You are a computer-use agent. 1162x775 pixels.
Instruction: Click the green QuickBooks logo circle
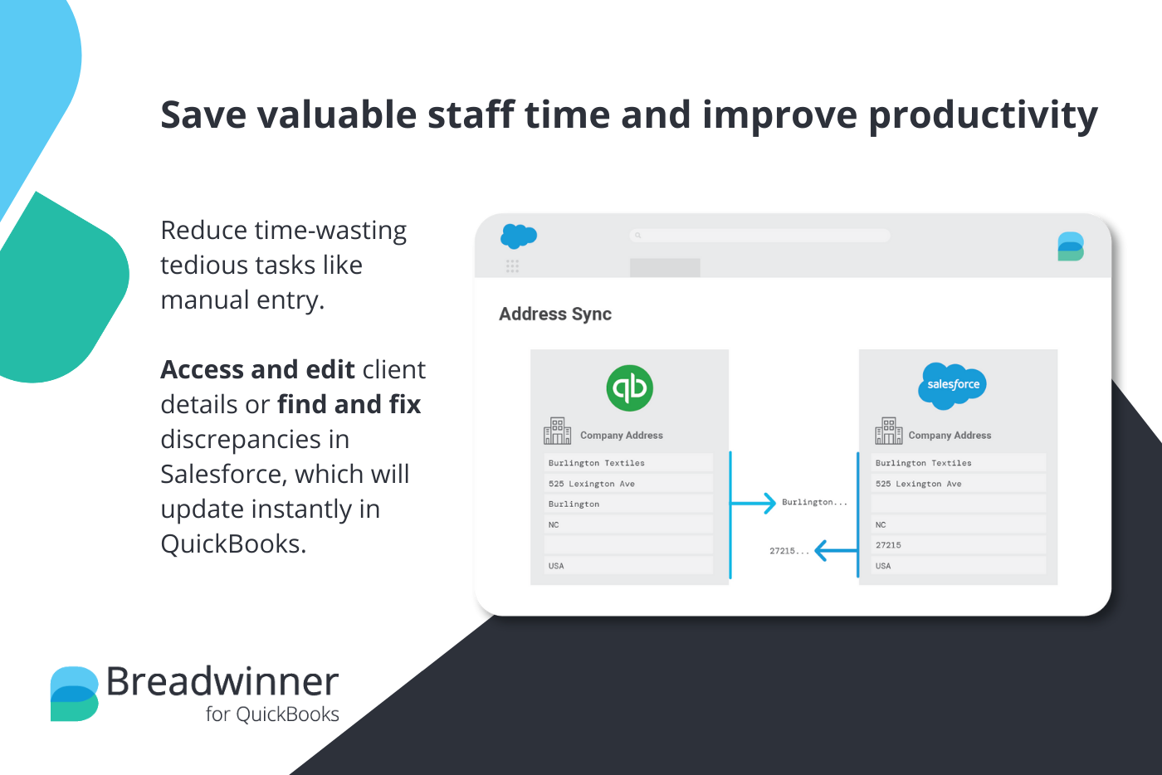[630, 387]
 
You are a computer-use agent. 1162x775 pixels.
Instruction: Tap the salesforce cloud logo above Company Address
[953, 385]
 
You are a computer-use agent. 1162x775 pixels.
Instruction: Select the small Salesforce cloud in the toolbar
[519, 236]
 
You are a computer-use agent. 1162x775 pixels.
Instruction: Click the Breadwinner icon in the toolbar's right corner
[1071, 246]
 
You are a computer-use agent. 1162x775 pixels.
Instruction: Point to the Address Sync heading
[555, 314]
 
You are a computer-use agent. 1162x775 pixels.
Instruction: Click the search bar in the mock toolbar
[759, 236]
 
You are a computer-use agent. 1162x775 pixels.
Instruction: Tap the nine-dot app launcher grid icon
[512, 266]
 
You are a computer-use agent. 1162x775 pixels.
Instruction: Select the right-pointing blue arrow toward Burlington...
[754, 503]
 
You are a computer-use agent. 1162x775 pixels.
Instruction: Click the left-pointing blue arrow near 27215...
[835, 550]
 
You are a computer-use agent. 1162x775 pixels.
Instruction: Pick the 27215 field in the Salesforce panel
[958, 545]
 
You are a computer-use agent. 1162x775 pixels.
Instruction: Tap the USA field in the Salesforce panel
[958, 566]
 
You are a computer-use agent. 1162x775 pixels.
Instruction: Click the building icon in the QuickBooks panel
[557, 431]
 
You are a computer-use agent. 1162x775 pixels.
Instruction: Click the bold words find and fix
[349, 404]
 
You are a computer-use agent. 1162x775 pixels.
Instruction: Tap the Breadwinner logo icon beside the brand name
[75, 694]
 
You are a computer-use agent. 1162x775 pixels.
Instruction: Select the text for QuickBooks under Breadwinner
[272, 714]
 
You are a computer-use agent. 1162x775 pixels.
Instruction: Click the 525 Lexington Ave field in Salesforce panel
[958, 484]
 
